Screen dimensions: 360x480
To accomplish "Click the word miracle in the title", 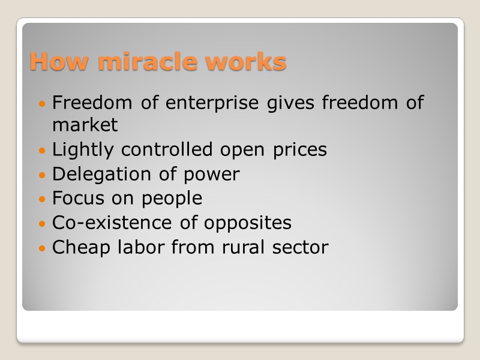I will (x=153, y=61).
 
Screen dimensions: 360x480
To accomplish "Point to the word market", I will (x=85, y=125).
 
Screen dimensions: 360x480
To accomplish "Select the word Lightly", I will (x=82, y=149).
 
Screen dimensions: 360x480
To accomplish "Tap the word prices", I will (x=296, y=149).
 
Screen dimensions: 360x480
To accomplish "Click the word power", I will (x=211, y=175).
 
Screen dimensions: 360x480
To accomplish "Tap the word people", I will (x=172, y=199).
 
